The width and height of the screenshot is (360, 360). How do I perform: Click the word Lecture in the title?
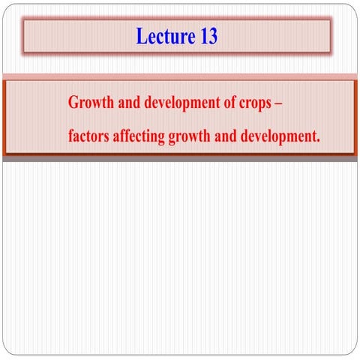coord(166,36)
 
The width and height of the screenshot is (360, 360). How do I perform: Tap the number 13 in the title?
coord(208,36)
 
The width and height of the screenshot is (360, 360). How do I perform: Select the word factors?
coord(87,137)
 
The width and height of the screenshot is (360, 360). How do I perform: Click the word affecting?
coord(139,138)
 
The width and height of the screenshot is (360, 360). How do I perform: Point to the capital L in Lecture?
coord(141,36)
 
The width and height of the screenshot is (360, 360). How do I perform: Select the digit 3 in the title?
coord(213,36)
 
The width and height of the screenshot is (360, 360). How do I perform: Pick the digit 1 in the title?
coord(203,36)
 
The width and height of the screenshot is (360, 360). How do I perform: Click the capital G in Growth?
coord(73,103)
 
